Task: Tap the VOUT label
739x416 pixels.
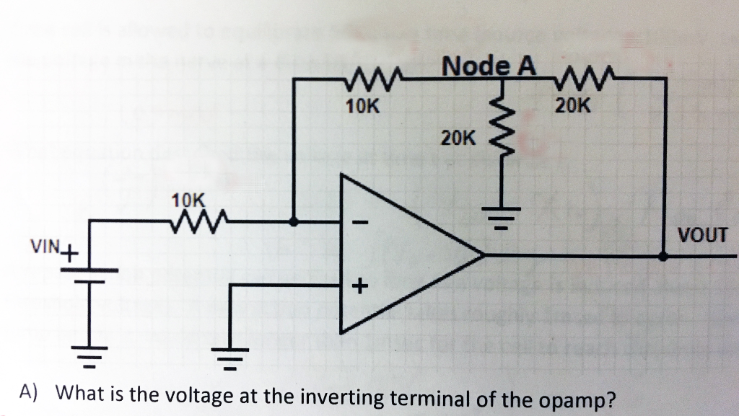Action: tap(703, 234)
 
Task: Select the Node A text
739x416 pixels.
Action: tap(489, 66)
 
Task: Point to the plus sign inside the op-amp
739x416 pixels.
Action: tap(359, 287)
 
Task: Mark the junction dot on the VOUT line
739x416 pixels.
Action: tap(664, 255)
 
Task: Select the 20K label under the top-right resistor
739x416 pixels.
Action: tap(573, 106)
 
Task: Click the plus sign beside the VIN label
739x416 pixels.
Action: tap(69, 253)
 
